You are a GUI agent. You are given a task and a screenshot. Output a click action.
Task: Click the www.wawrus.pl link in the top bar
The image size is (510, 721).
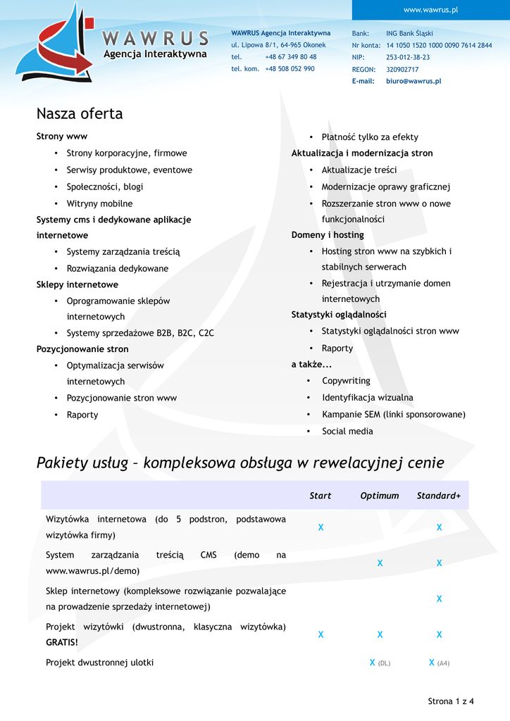pyautogui.click(x=430, y=9)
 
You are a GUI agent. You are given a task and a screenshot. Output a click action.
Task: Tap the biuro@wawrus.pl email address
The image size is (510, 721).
pyautogui.click(x=413, y=81)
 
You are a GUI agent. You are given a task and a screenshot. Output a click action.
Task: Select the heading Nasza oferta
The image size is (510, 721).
pyautogui.click(x=80, y=113)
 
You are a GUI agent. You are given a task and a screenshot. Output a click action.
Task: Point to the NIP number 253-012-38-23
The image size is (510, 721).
pyautogui.click(x=408, y=57)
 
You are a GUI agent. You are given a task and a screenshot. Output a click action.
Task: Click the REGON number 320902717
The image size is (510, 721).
pyautogui.click(x=402, y=69)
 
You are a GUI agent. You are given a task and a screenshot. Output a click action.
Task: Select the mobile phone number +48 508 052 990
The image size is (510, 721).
pyautogui.click(x=290, y=68)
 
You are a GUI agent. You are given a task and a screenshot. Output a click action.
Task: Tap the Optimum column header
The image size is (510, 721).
pyautogui.click(x=380, y=496)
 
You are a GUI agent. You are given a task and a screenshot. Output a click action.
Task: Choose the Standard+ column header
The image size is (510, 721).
pyautogui.click(x=439, y=496)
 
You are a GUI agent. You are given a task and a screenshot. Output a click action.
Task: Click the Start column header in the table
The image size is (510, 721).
pyautogui.click(x=321, y=496)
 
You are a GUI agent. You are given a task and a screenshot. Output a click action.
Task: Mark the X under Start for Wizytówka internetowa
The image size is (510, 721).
pyautogui.click(x=321, y=527)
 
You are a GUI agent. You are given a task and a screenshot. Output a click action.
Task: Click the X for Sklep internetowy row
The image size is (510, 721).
pyautogui.click(x=439, y=598)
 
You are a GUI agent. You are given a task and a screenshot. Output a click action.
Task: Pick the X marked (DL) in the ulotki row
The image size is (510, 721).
pyautogui.click(x=373, y=662)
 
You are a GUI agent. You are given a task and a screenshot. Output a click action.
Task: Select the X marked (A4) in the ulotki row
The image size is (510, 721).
pyautogui.click(x=432, y=662)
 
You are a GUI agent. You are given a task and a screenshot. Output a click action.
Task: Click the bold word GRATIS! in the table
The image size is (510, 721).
pyautogui.click(x=62, y=642)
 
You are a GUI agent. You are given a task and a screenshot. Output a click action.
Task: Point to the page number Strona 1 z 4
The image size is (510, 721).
pyautogui.click(x=451, y=701)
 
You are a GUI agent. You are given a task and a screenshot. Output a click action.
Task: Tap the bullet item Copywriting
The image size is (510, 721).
pyautogui.click(x=346, y=380)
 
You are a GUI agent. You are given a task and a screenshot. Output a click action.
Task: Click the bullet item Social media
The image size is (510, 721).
pyautogui.click(x=347, y=431)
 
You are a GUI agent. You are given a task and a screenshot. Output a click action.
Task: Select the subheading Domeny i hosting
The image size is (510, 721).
pyautogui.click(x=328, y=234)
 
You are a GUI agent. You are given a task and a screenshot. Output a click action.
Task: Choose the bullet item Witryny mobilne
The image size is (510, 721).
pyautogui.click(x=99, y=203)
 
